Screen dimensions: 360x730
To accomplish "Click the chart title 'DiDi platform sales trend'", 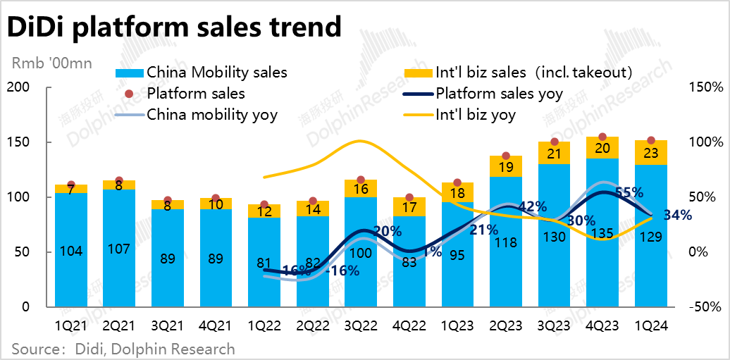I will (173, 28).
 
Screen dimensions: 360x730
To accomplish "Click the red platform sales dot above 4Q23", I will (602, 137).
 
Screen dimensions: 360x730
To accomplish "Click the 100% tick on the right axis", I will (705, 142).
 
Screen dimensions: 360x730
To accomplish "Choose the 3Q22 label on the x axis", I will (361, 326).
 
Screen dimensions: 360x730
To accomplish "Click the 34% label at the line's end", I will (676, 215).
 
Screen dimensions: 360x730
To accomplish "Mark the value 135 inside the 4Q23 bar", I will (602, 237).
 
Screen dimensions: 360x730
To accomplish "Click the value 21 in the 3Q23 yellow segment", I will (554, 154).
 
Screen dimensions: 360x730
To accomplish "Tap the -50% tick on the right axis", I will (705, 307).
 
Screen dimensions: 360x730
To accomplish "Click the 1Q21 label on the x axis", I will (71, 326).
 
